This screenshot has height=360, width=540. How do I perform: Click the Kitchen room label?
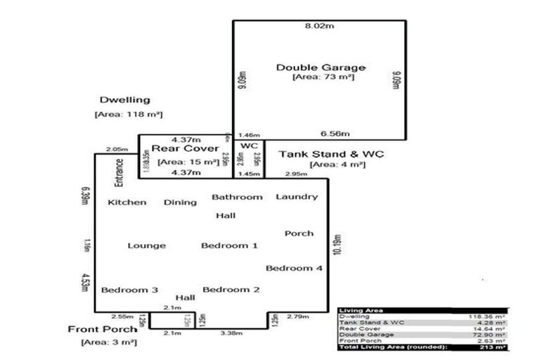[127, 202]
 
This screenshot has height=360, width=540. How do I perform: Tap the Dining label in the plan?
[180, 202]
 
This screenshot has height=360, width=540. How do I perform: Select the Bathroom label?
[237, 197]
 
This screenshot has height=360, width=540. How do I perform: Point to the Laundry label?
[297, 197]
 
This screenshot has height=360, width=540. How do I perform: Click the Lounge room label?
[147, 245]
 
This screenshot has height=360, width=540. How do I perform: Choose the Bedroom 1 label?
[229, 245]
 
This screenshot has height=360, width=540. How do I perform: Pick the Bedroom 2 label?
[231, 289]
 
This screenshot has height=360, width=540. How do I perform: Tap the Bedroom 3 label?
[129, 290]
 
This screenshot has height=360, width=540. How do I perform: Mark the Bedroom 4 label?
[294, 268]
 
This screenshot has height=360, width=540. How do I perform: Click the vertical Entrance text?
[120, 172]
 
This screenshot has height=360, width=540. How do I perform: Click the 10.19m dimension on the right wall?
[337, 242]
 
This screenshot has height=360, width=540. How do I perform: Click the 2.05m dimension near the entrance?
[117, 150]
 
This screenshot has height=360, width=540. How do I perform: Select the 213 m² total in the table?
[497, 347]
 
